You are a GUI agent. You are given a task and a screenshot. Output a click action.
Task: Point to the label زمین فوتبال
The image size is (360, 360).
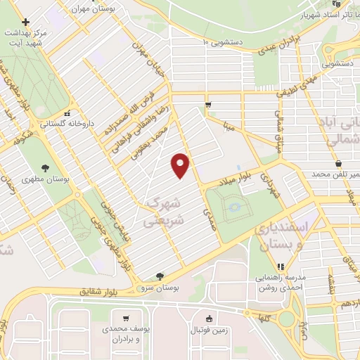point(208,330)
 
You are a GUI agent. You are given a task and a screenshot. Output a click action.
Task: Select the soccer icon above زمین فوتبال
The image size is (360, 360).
point(208,318)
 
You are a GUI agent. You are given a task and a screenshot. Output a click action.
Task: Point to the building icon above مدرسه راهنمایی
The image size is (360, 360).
point(281,267)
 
